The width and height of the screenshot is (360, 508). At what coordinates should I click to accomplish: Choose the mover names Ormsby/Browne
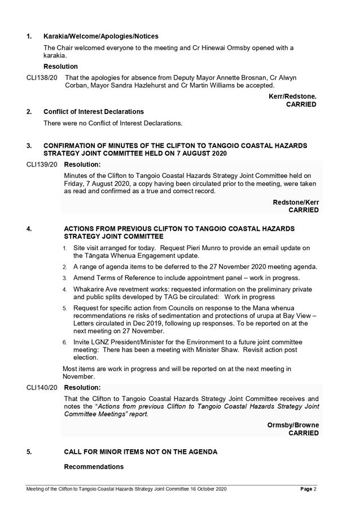pos(293,425)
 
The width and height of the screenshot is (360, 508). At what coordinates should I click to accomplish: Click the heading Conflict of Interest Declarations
pos(94,112)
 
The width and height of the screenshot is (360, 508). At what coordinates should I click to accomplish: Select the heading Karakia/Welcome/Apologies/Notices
pos(101,36)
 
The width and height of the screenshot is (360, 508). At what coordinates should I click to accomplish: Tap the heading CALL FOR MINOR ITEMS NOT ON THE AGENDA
pos(141,452)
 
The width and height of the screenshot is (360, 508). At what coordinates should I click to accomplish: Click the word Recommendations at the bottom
pos(94,467)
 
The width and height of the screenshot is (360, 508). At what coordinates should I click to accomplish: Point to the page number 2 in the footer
pos(315,489)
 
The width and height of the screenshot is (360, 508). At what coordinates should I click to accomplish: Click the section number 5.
pos(29,452)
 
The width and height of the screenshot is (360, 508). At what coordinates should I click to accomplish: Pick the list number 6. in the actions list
pos(65,342)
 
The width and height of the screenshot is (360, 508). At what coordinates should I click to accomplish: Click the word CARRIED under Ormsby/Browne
pos(304,433)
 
